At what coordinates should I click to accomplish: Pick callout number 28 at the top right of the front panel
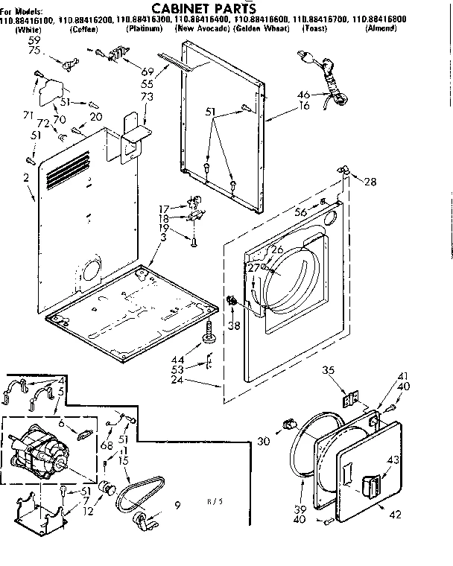click(x=371, y=181)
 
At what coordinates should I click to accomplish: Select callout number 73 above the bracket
click(x=147, y=97)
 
